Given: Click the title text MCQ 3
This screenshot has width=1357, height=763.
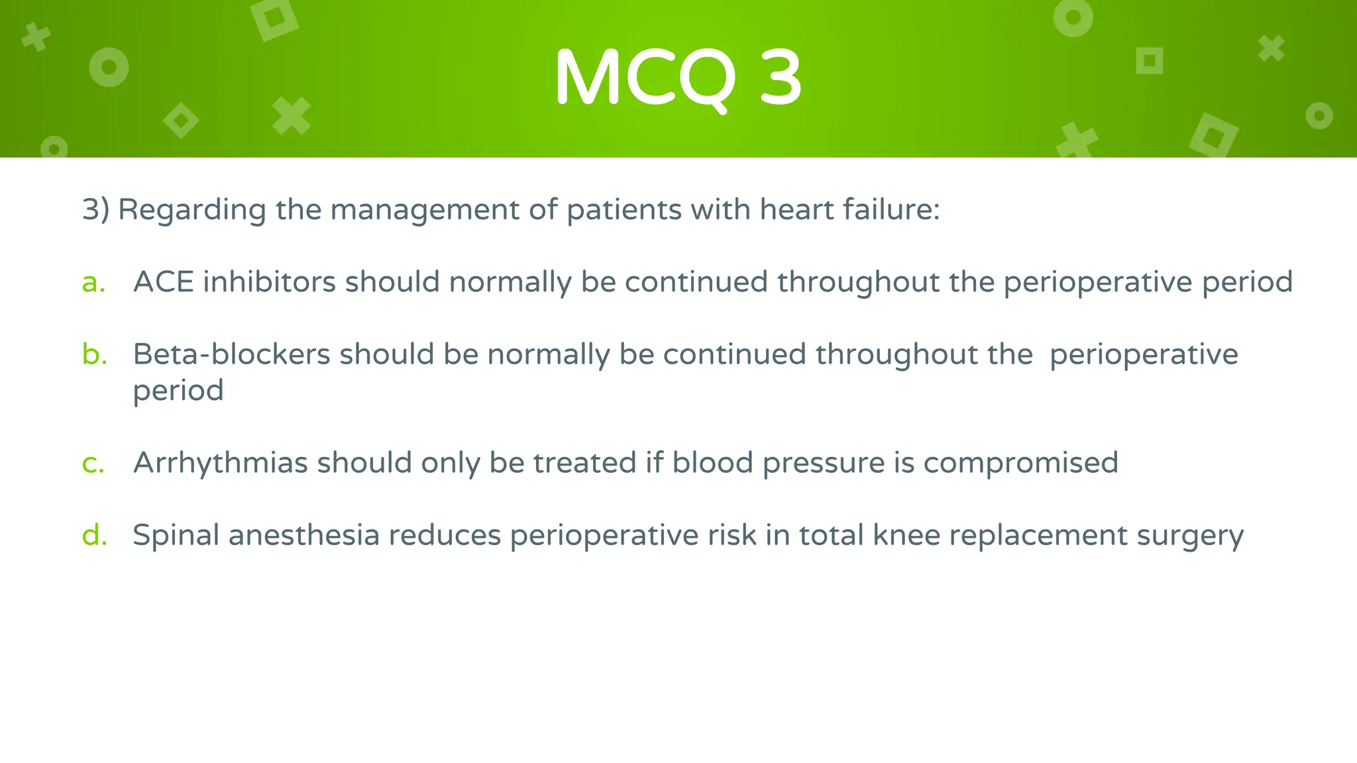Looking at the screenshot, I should [x=678, y=78].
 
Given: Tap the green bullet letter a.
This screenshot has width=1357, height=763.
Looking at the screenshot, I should [x=93, y=283].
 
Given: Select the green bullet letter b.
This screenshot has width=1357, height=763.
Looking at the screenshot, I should [x=94, y=354].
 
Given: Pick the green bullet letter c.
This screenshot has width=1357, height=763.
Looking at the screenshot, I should [x=93, y=463].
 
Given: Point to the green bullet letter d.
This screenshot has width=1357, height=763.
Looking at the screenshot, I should [x=94, y=535].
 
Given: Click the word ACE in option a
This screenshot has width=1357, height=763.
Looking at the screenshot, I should [x=164, y=282].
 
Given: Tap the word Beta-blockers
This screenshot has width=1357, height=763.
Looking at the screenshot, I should [x=231, y=354].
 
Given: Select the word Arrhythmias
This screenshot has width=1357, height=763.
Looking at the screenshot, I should [x=221, y=463].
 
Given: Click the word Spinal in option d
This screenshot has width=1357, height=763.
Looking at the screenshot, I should [x=176, y=536].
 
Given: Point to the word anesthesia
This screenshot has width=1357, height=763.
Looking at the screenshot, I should [x=304, y=535].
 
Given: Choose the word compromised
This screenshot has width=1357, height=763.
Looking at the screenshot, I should [x=1020, y=464].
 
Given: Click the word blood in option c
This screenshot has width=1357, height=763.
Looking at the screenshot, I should [x=712, y=463].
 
